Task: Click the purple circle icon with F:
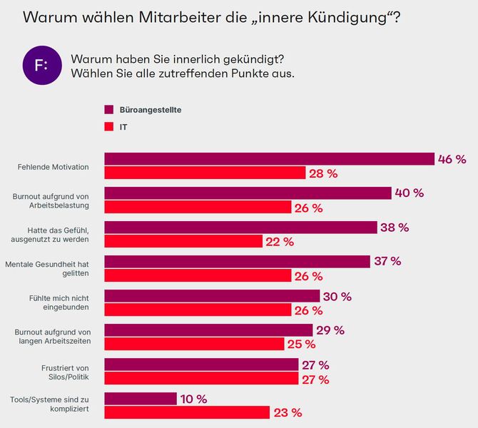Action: (41, 66)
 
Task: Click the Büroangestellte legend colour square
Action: (109, 110)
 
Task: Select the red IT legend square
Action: (109, 127)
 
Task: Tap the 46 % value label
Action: (452, 159)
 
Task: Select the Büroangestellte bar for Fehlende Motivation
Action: (269, 159)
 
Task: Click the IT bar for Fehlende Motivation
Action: (205, 173)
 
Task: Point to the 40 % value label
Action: (410, 193)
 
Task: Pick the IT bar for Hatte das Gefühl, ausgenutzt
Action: (183, 242)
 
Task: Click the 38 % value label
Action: (395, 228)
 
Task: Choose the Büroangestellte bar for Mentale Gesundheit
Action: (237, 262)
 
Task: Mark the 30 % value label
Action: (337, 296)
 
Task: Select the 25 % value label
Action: (300, 345)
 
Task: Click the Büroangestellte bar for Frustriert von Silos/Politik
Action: (201, 365)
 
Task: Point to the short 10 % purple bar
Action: (141, 399)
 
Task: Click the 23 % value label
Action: (287, 413)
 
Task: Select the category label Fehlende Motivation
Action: (53, 167)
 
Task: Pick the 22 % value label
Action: (279, 242)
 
